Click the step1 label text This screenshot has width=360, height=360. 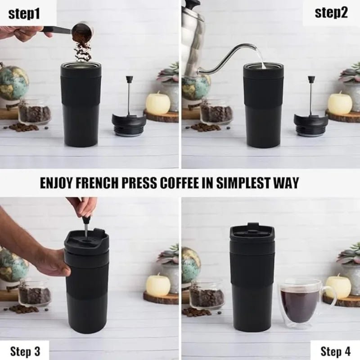(24, 13)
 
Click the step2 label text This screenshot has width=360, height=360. (331, 12)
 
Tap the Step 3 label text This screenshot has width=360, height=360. (24, 351)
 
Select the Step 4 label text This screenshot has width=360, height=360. (336, 351)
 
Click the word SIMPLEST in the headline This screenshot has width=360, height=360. (243, 183)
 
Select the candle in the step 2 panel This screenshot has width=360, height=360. (340, 103)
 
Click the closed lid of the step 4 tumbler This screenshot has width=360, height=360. (252, 234)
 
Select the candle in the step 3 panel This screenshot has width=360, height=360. (158, 284)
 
